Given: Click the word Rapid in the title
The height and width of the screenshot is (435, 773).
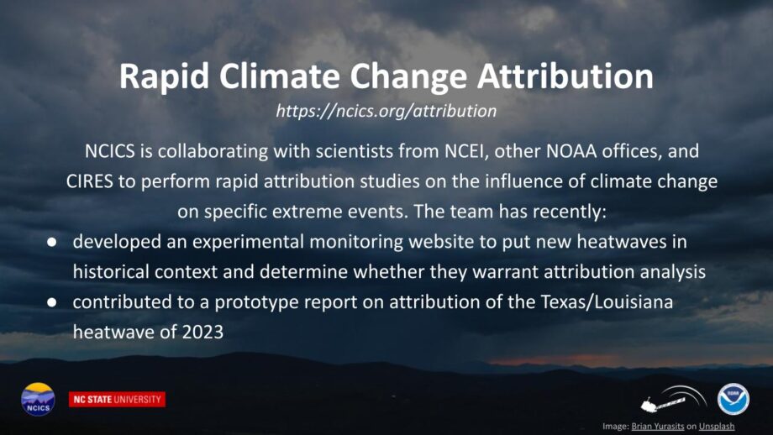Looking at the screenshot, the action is click(x=164, y=77).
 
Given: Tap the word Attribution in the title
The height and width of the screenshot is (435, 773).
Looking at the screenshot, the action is click(x=565, y=76).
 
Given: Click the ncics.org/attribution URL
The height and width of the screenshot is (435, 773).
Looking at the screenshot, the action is click(x=386, y=111).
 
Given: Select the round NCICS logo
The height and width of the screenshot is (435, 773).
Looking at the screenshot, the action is click(x=38, y=399).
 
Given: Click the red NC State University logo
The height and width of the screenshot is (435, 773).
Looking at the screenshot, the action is click(x=118, y=400).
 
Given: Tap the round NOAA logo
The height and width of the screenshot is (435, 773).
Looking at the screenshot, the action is click(x=733, y=399).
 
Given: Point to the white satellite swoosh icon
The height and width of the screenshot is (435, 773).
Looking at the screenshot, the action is click(x=673, y=399).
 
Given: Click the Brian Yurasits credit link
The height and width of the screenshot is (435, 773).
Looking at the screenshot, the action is click(x=658, y=426).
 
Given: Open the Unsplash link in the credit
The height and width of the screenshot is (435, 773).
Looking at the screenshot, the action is click(x=717, y=426).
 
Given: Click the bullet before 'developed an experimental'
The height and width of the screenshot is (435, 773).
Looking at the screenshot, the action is click(x=52, y=242).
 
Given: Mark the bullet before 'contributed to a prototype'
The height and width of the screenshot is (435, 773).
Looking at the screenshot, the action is click(x=52, y=302).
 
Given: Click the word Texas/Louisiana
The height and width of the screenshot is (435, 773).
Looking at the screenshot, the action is click(x=607, y=301).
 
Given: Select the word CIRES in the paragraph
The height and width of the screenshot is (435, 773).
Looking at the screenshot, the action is click(x=89, y=181).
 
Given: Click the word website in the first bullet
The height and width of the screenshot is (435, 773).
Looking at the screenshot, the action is click(x=451, y=241).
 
